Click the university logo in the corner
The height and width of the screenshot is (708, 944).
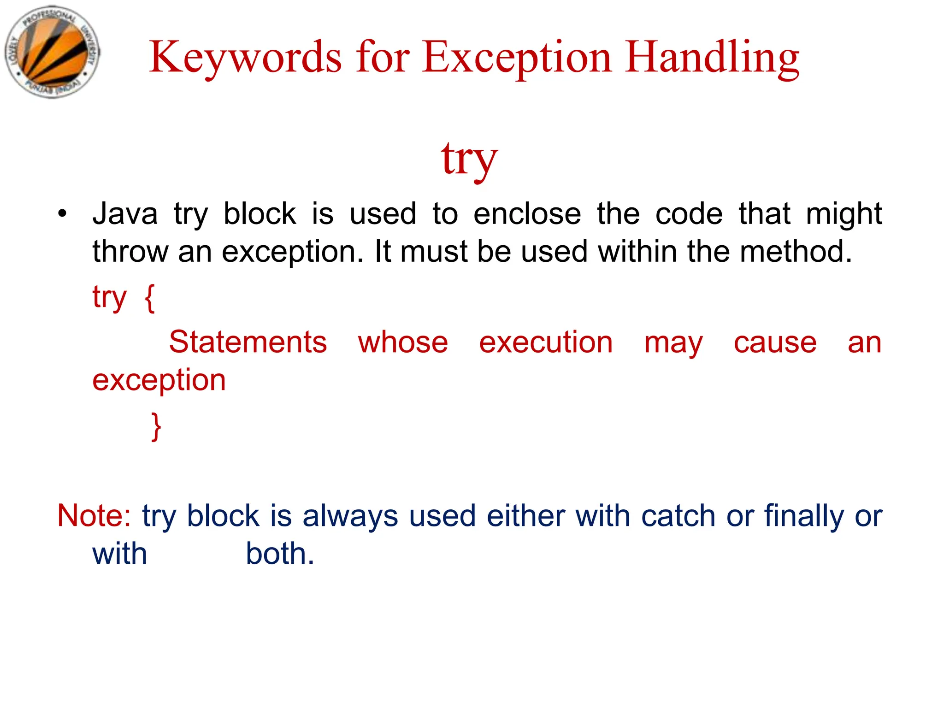(52, 52)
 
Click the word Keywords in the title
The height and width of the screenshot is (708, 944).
(245, 58)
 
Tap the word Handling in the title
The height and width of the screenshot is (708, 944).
(712, 58)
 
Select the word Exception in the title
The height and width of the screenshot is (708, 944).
(517, 58)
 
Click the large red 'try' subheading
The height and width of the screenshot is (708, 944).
(469, 159)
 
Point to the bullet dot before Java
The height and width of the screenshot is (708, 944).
(62, 213)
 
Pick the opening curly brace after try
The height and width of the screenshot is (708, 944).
(150, 298)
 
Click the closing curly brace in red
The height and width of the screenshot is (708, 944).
(156, 426)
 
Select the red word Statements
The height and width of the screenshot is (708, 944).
(248, 342)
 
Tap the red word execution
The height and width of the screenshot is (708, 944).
(546, 342)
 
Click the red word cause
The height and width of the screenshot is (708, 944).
(775, 342)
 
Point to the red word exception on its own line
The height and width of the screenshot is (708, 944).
(159, 380)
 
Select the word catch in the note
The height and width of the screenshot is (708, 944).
(678, 515)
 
